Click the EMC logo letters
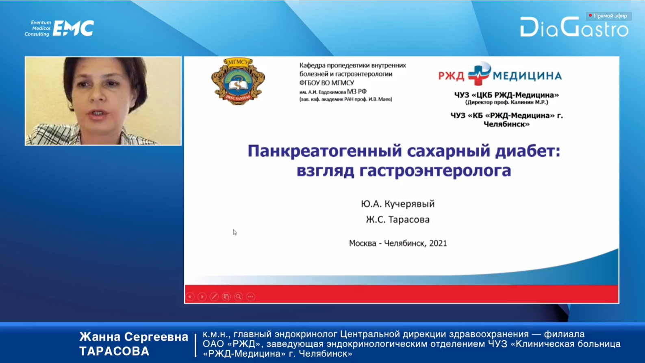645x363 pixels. point(74,28)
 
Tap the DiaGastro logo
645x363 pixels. point(574,27)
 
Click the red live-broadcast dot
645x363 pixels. point(590,15)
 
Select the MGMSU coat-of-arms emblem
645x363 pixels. point(238,81)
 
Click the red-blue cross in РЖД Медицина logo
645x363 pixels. point(479,74)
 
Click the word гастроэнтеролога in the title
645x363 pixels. point(435,171)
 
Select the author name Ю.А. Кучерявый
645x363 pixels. point(397,204)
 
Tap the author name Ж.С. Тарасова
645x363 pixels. point(397,219)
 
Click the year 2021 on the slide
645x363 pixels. point(438,243)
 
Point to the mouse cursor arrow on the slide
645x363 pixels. point(235,232)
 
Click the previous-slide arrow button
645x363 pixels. point(190,296)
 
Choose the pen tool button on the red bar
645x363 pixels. point(214,296)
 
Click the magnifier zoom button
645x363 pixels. point(239,296)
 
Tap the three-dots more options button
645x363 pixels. point(251,296)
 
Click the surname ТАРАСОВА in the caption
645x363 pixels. point(114,351)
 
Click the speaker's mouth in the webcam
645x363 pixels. point(97,114)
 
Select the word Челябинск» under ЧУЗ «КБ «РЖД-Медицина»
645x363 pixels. point(506,124)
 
